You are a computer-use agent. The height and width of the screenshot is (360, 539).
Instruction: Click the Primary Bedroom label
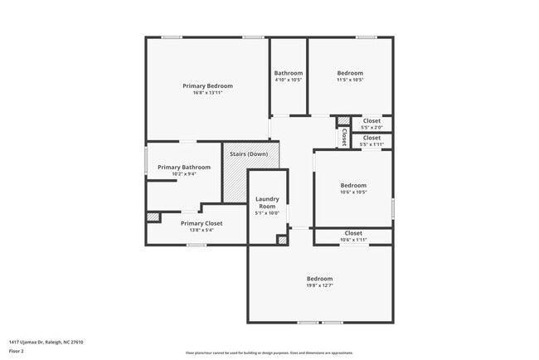pos(207,86)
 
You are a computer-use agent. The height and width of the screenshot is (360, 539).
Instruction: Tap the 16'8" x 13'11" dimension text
pos(207,93)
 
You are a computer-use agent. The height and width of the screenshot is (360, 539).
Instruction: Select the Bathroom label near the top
pos(289,74)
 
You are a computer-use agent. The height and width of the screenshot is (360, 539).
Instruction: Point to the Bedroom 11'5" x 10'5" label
pos(350,74)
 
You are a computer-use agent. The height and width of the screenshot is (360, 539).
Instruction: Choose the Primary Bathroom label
pos(184,168)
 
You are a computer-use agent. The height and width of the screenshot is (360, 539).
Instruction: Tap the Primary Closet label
pos(202,223)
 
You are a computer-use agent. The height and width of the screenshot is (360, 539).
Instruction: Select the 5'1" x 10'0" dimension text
pos(267,213)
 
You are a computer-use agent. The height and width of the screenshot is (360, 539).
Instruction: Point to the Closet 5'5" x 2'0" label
pos(371,121)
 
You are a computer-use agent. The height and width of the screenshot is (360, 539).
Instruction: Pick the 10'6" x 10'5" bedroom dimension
pos(353,192)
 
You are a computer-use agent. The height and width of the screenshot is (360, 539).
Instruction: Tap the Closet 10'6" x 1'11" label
pos(353,234)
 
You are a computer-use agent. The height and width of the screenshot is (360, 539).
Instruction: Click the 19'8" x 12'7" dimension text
pos(319,285)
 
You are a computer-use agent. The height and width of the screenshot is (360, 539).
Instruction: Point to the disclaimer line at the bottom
pos(269,353)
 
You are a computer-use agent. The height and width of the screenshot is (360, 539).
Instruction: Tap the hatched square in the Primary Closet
pos(153,217)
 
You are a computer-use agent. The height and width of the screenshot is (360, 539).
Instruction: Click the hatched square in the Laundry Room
pos(282,240)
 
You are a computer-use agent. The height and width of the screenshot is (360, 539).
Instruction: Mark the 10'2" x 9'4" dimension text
pos(184,174)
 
